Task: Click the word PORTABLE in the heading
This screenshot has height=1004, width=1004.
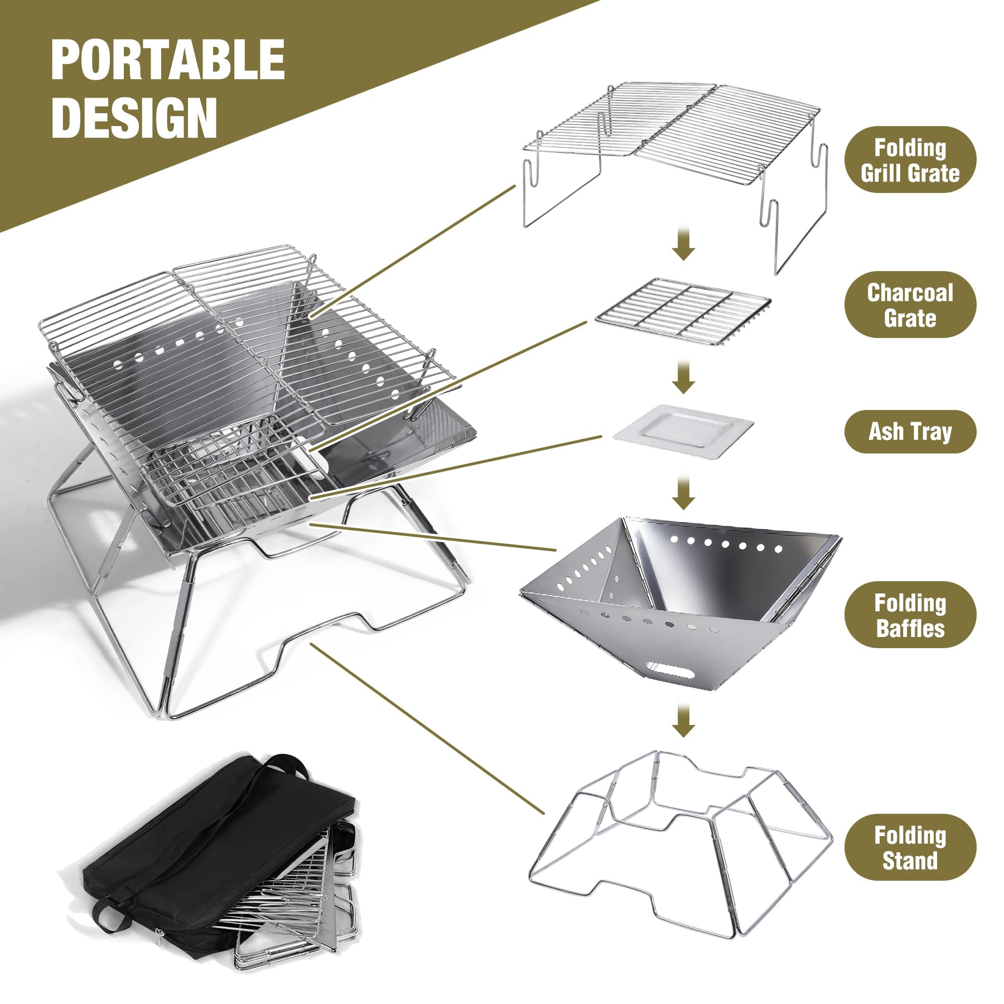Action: [x=168, y=61]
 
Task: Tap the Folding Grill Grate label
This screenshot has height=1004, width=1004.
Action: [x=910, y=160]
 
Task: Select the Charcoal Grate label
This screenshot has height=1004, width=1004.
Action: [x=910, y=305]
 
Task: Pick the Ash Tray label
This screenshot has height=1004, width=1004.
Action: [x=910, y=431]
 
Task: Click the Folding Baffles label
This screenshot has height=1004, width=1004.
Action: [x=910, y=615]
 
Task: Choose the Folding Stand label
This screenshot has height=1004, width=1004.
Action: [x=910, y=847]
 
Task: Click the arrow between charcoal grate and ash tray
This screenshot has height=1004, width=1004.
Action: [x=683, y=376]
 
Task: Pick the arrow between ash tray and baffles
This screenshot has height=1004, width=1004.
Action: [x=683, y=492]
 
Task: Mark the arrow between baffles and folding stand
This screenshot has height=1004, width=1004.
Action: [x=683, y=720]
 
